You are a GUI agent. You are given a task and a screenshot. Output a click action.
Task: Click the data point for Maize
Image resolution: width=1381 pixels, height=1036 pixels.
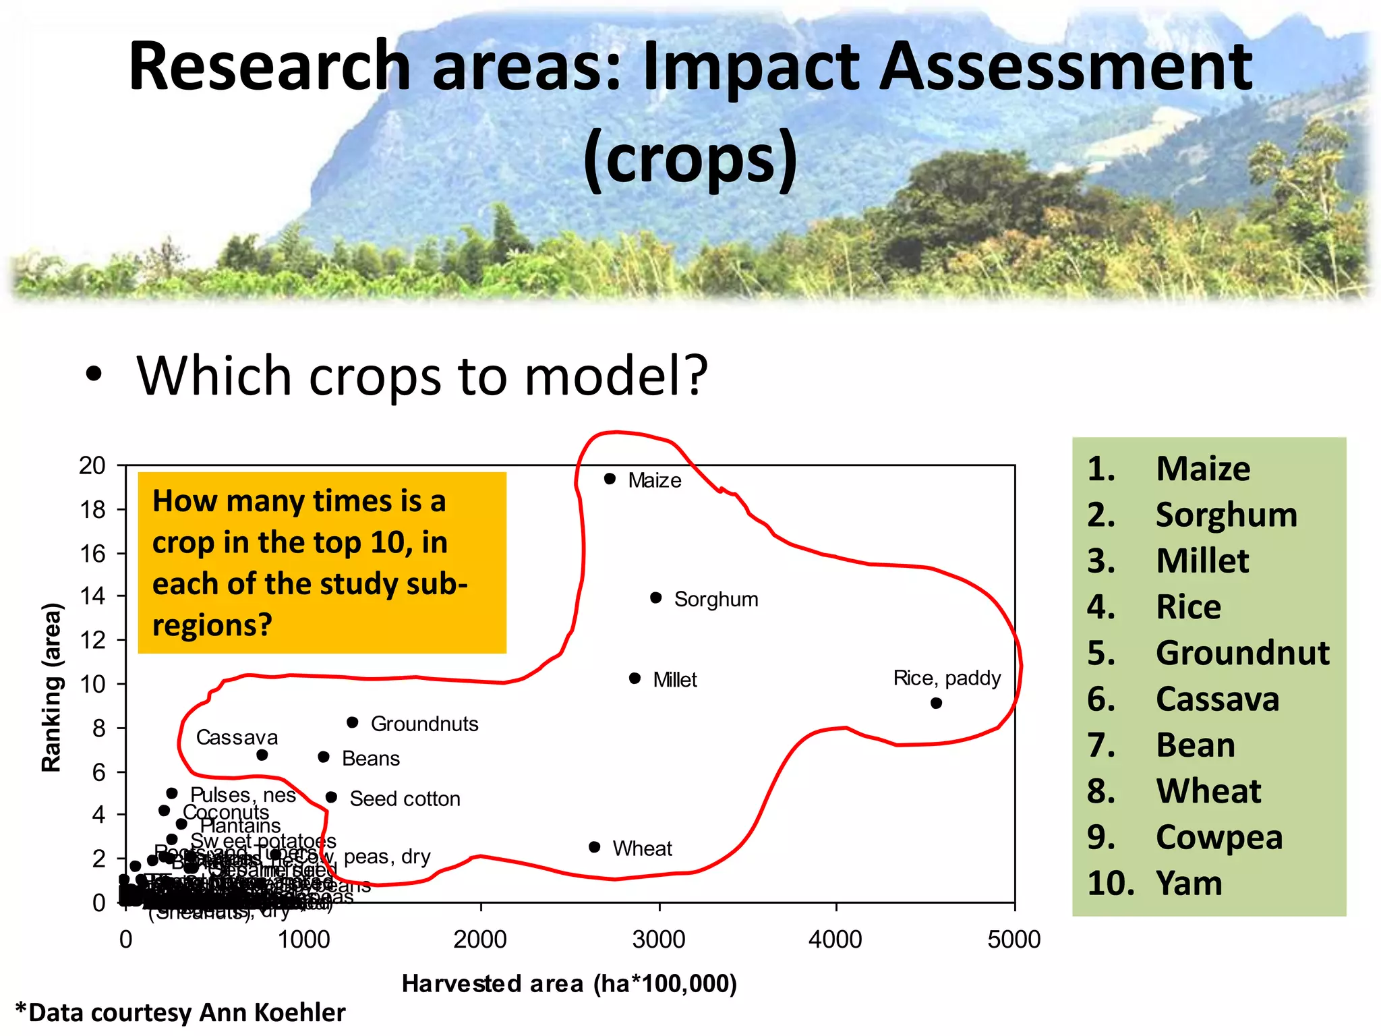610,479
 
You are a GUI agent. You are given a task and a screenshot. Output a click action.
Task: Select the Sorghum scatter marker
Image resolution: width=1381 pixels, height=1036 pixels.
655,598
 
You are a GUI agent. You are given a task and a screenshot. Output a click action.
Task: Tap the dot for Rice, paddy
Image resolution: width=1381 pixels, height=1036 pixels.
936,703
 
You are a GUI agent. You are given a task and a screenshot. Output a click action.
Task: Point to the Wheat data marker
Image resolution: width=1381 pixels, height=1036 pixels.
594,847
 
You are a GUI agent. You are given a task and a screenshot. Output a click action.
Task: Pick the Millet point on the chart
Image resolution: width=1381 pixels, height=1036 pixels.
635,678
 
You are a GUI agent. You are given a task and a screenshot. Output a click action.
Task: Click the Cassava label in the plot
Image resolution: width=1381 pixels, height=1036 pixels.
237,737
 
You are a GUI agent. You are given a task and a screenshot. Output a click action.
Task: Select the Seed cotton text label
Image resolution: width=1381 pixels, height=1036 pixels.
405,799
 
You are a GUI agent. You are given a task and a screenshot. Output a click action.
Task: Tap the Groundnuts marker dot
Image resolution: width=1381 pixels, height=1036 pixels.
352,722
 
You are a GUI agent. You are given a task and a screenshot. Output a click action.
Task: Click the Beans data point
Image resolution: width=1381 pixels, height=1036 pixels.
324,757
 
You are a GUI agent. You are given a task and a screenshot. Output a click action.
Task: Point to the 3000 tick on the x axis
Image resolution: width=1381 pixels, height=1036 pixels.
659,939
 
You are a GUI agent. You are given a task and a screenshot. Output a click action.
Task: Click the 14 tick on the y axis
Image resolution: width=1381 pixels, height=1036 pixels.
93,596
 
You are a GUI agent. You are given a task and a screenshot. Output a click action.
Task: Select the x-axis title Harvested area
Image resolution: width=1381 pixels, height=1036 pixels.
569,984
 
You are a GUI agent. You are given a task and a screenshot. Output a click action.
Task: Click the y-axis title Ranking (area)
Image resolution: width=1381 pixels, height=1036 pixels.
52,686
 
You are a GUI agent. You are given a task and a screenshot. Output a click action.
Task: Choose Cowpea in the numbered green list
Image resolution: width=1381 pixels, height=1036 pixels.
1218,837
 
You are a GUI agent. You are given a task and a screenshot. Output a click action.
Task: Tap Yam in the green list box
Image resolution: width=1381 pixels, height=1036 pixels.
1189,883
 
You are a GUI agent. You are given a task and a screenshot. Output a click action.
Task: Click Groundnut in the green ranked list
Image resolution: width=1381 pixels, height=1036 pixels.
1242,653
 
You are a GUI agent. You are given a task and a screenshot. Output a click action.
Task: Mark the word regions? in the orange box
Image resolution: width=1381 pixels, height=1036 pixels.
212,625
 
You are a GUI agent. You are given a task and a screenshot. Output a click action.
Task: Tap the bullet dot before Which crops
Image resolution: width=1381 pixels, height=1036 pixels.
94,374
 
